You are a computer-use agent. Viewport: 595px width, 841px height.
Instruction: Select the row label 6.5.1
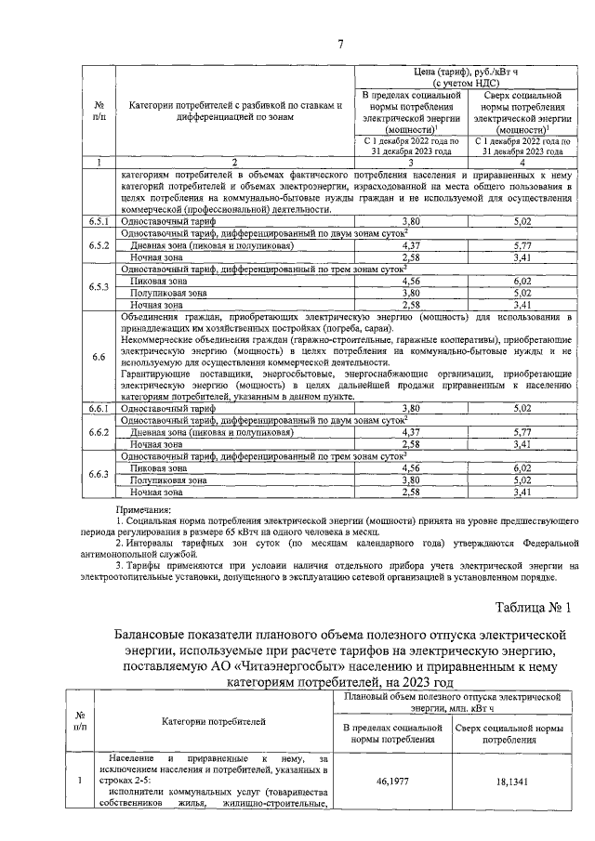(x=99, y=223)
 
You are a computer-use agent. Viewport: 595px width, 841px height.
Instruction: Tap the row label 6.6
(x=99, y=357)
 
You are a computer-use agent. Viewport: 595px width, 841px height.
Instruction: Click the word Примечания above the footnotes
(x=144, y=510)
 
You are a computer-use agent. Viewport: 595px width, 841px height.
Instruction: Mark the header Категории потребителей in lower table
(x=213, y=720)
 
